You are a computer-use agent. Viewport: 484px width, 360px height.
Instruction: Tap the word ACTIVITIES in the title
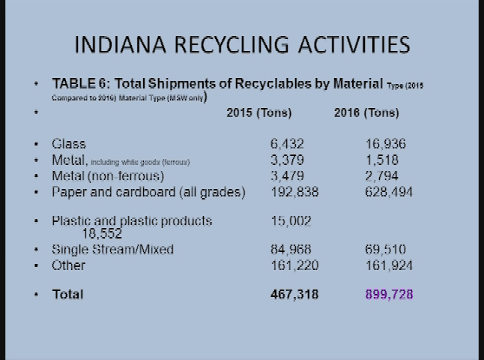[x=354, y=44]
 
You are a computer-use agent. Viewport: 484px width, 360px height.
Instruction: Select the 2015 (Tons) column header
[x=258, y=113]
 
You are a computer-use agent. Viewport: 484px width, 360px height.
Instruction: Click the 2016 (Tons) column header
[x=366, y=113]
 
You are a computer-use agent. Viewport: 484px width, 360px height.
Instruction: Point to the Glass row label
[x=69, y=143]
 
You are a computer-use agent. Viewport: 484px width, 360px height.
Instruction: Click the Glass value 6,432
[x=287, y=143]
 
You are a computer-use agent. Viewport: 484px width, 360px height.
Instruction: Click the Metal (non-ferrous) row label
[x=108, y=176]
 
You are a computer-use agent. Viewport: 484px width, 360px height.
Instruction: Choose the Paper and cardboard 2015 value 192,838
[x=294, y=192]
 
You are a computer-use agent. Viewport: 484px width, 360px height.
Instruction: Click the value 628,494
[x=383, y=192]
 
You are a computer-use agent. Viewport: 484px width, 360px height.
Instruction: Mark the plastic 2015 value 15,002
[x=291, y=220]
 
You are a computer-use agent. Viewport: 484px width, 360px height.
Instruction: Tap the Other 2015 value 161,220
[x=294, y=265]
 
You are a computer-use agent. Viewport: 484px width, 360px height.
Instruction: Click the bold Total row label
[x=67, y=294]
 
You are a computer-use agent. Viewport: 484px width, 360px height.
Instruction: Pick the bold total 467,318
[x=294, y=294]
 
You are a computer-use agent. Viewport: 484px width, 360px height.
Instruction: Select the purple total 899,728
[x=388, y=294]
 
